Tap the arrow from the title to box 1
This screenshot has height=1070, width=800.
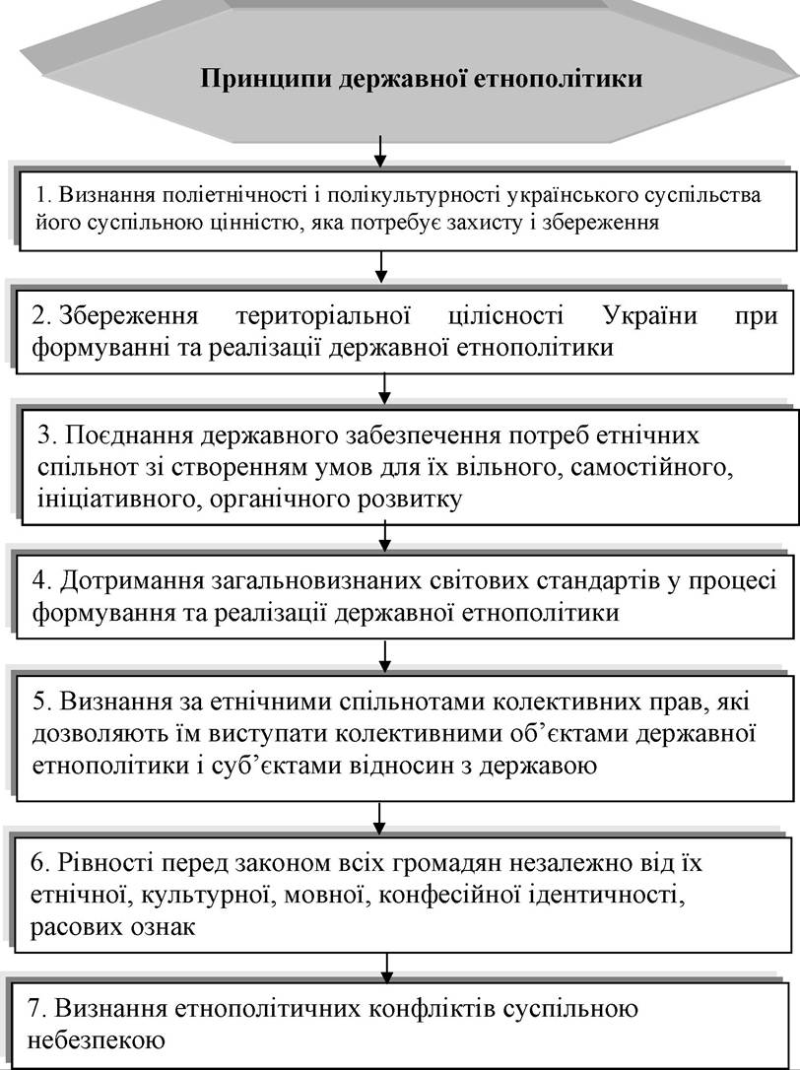click(x=380, y=151)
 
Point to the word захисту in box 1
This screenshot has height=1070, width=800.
click(x=501, y=223)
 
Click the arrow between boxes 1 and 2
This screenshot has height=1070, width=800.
click(x=381, y=267)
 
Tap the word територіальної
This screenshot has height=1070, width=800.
click(x=323, y=316)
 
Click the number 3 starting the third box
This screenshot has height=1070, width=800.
click(x=46, y=435)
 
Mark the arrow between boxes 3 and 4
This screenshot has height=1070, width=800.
click(x=385, y=536)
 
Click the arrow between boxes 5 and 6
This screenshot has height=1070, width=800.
click(x=380, y=818)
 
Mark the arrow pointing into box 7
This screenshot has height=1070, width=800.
click(x=387, y=968)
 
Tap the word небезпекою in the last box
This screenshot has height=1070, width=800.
click(x=96, y=1040)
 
